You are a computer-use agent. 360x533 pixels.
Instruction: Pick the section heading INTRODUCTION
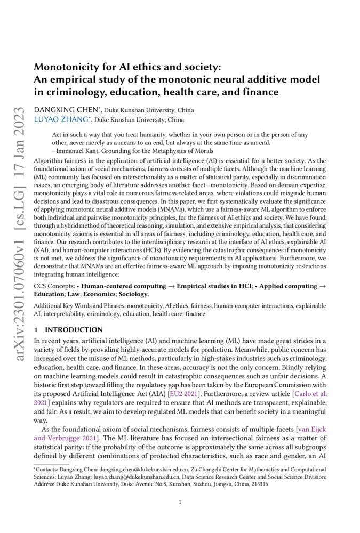pyautogui.click(x=74, y=330)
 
